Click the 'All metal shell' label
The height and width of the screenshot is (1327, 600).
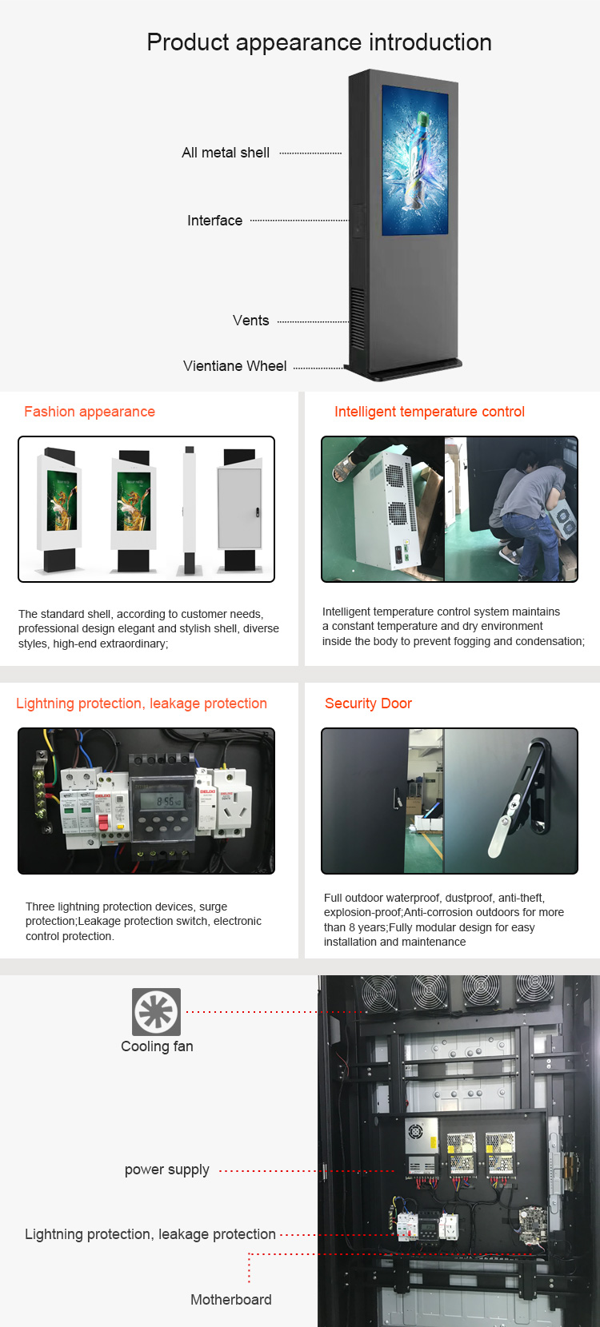(226, 153)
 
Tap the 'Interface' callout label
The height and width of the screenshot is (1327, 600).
(214, 221)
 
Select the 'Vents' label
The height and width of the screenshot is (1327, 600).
(250, 321)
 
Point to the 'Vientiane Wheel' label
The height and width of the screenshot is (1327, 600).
(234, 366)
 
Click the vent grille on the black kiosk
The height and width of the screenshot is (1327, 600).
(358, 319)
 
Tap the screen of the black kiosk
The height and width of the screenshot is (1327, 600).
(415, 160)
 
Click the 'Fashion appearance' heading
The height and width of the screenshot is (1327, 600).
(90, 412)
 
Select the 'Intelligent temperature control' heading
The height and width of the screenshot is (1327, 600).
(430, 412)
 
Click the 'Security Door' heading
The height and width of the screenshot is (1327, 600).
(368, 703)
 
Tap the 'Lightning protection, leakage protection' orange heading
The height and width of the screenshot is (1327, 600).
(142, 703)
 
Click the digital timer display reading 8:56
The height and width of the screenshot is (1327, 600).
(162, 801)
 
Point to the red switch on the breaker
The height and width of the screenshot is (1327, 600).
(102, 823)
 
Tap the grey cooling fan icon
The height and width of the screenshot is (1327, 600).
(157, 1012)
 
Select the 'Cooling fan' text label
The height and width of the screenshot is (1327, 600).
(157, 1046)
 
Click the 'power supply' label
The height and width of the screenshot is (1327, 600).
(167, 1170)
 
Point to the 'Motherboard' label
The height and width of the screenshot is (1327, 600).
(231, 1299)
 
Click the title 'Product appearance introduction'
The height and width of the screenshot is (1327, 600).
(319, 42)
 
